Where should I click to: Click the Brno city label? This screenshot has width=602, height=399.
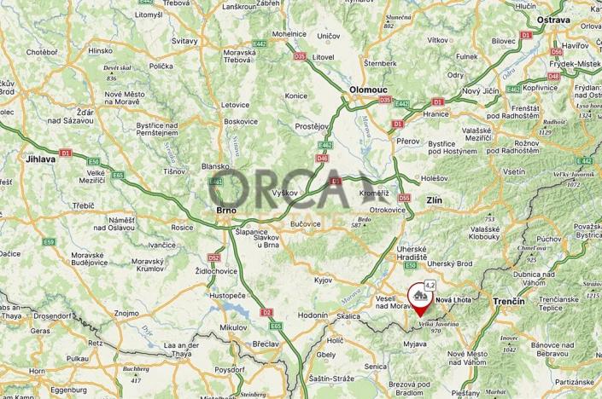click(226, 211)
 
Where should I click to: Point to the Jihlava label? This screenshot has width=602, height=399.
click(40, 159)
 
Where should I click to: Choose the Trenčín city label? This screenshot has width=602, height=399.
click(511, 302)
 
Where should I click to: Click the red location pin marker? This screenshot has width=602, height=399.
click(419, 300)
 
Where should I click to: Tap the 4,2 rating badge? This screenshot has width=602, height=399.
click(430, 286)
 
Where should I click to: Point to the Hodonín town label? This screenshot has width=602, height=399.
click(313, 315)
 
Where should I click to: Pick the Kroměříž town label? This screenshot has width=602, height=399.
click(372, 195)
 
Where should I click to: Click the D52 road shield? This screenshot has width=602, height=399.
click(213, 257)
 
